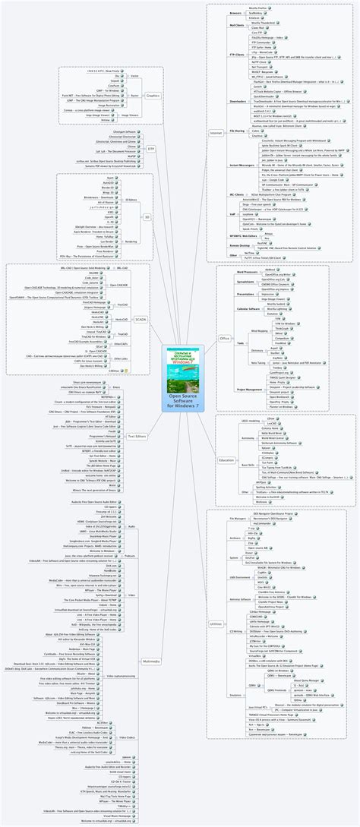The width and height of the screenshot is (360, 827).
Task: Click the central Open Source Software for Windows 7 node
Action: coord(180,399)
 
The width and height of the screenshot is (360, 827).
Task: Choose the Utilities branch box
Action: coord(217,623)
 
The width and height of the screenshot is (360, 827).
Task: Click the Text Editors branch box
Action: coord(137,436)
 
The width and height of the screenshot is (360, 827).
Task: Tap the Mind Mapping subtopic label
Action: coord(259,332)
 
